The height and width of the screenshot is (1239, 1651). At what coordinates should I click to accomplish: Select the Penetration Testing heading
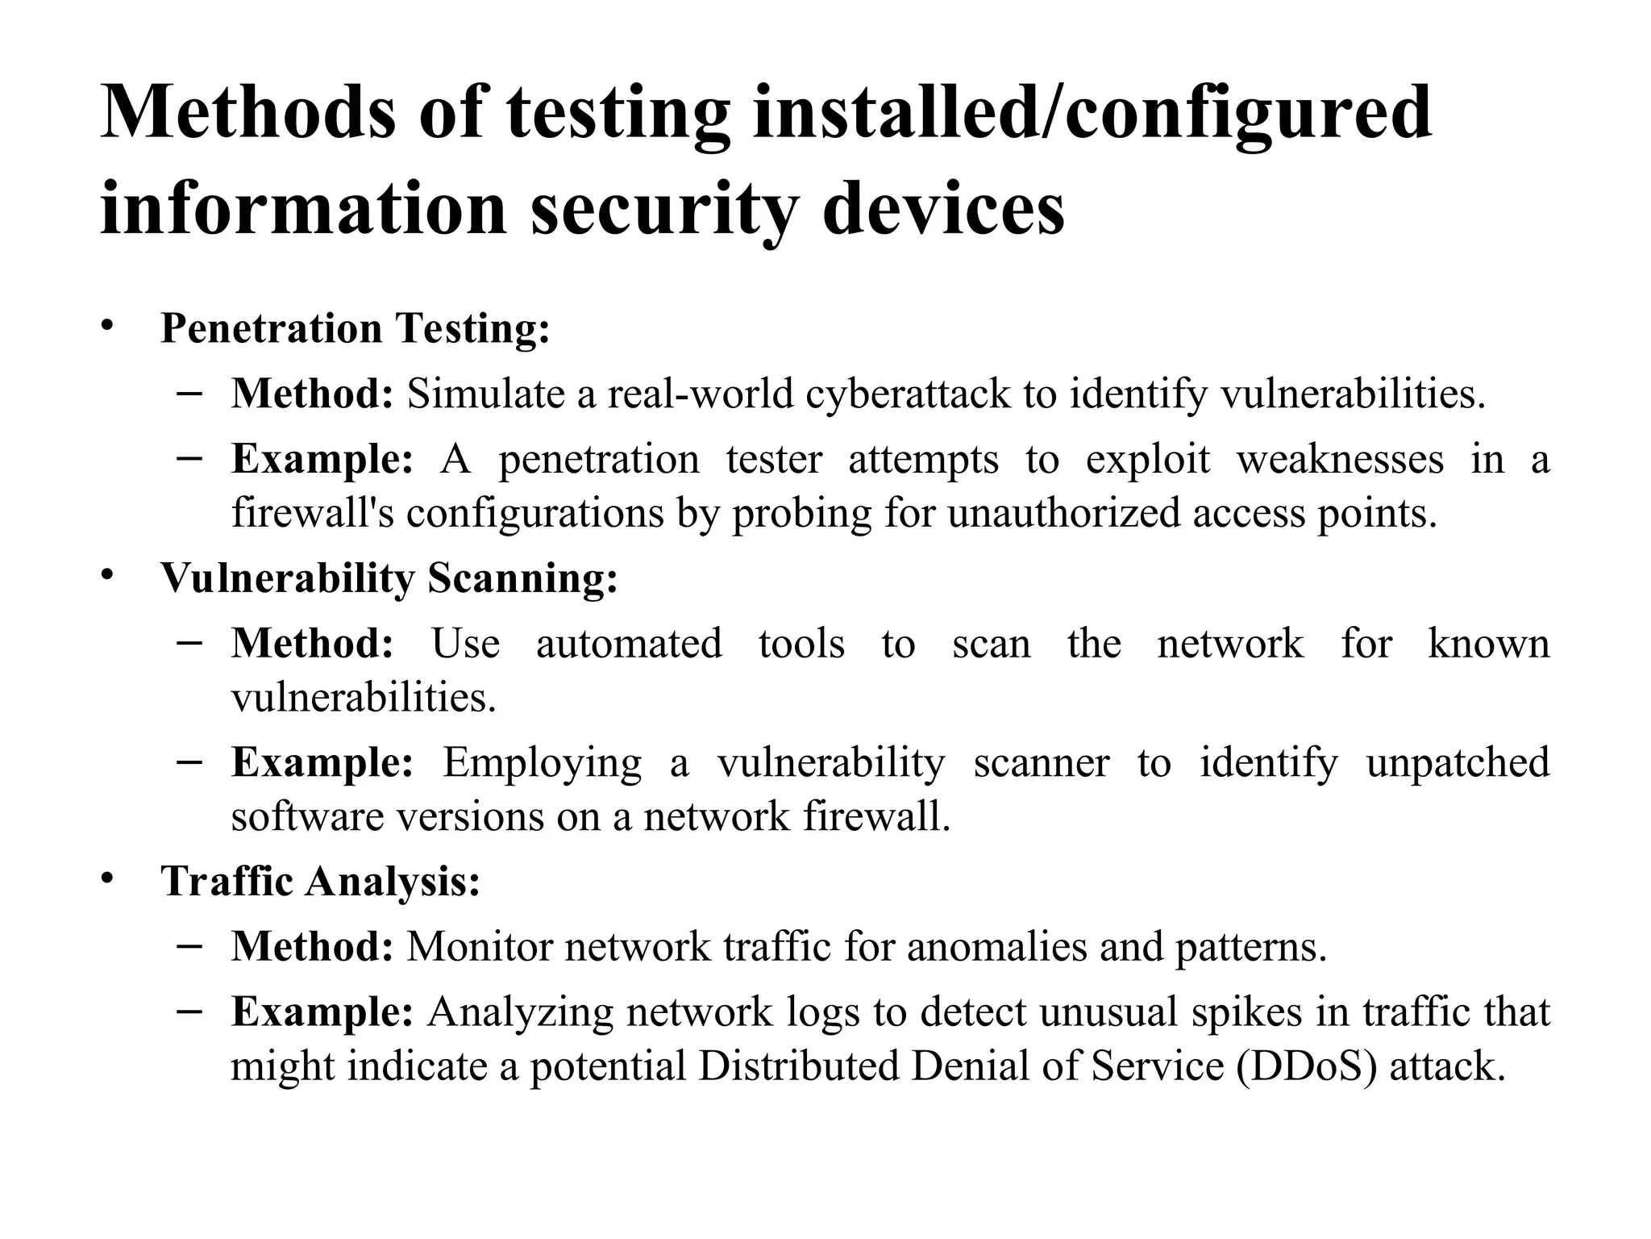(x=355, y=328)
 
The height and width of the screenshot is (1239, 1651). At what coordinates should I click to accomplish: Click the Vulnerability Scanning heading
(x=389, y=578)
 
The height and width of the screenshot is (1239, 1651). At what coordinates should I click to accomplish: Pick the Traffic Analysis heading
(x=320, y=880)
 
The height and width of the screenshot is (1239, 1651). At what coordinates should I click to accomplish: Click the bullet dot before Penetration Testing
(x=107, y=327)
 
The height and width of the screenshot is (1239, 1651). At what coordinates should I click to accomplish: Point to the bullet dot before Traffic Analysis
(x=107, y=878)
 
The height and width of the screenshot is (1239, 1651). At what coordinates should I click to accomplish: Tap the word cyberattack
(x=908, y=394)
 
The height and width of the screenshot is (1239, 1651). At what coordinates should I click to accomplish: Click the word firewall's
(x=313, y=512)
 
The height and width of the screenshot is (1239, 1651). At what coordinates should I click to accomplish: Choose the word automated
(x=629, y=644)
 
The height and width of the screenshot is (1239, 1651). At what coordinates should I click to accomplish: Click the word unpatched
(x=1458, y=762)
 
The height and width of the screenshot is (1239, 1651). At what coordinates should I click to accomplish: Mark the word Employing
(x=542, y=762)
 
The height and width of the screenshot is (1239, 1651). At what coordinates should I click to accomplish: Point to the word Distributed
(x=797, y=1066)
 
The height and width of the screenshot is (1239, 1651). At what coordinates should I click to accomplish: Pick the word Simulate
(x=485, y=394)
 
